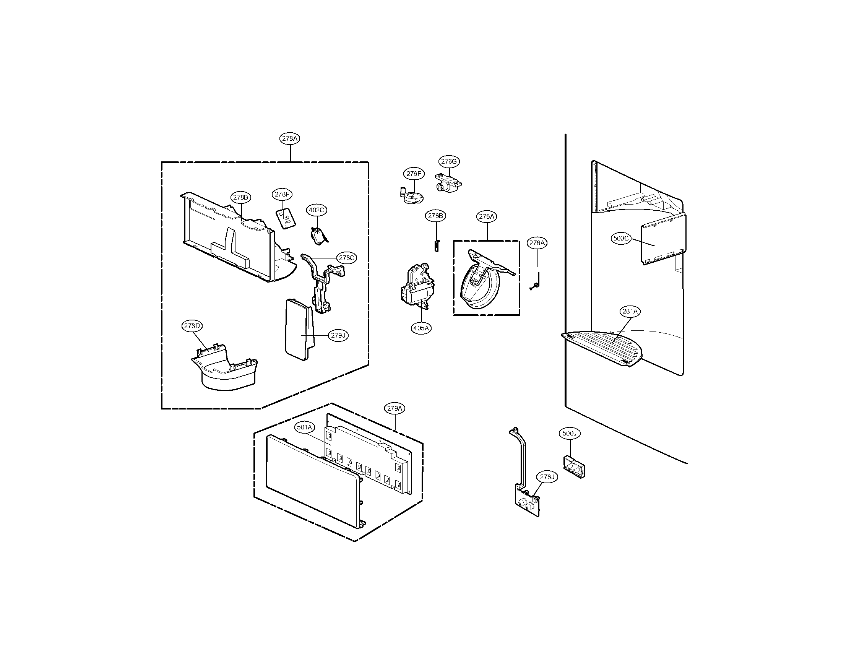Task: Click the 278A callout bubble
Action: (x=290, y=139)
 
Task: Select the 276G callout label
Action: (x=449, y=161)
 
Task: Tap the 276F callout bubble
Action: (x=414, y=174)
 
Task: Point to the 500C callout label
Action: (x=621, y=238)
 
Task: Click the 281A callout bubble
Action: (x=630, y=311)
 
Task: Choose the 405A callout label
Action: (x=421, y=328)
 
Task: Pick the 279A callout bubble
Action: (x=395, y=408)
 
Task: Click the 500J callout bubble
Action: (x=569, y=433)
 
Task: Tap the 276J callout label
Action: (x=547, y=477)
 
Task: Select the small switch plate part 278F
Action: (x=286, y=219)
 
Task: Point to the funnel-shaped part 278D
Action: (x=225, y=370)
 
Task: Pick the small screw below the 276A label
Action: (x=535, y=286)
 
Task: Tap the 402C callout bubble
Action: (x=317, y=210)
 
